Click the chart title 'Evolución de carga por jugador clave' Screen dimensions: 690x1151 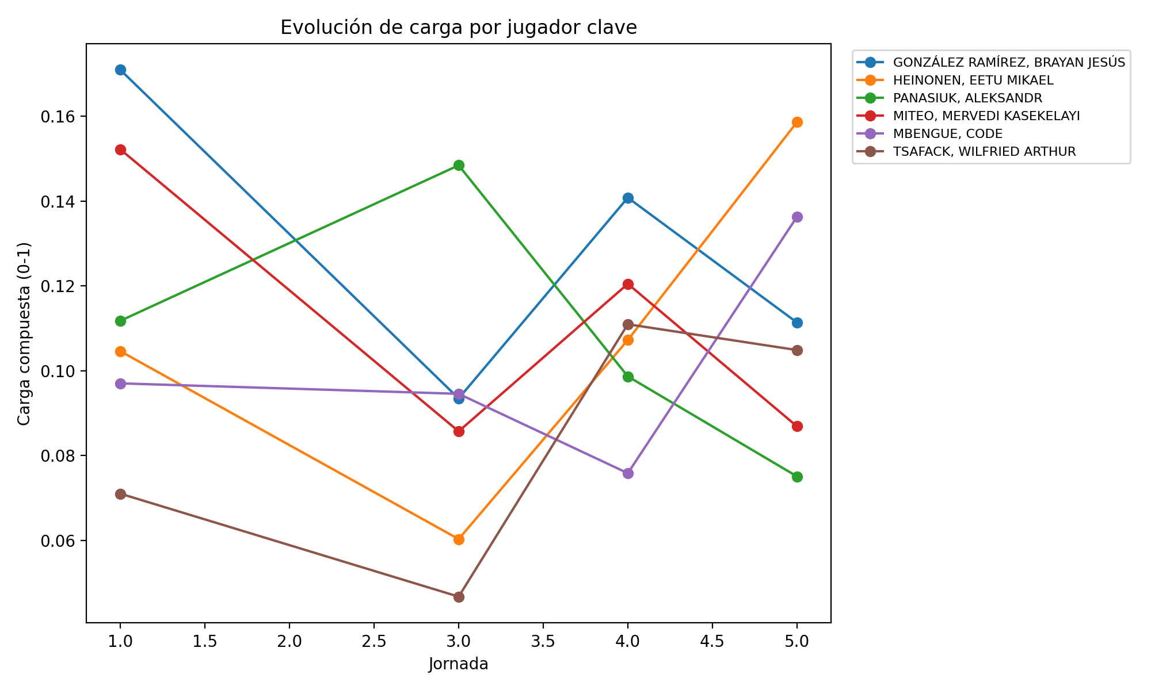pyautogui.click(x=458, y=28)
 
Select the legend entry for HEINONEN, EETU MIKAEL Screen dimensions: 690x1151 pyautogui.click(x=973, y=80)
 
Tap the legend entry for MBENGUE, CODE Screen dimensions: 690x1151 pyautogui.click(x=947, y=134)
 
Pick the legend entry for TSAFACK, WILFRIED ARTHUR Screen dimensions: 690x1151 pyautogui.click(x=984, y=152)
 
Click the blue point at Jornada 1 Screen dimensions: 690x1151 pyautogui.click(x=120, y=70)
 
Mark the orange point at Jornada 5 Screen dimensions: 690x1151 pyautogui.click(x=797, y=122)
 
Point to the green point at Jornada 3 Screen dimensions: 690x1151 pyautogui.click(x=459, y=166)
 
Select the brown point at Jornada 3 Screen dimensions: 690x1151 pyautogui.click(x=459, y=597)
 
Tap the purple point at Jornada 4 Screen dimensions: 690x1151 pyautogui.click(x=628, y=473)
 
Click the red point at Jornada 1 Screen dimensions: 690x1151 pyautogui.click(x=120, y=150)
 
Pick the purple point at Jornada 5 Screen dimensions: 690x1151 pyautogui.click(x=797, y=217)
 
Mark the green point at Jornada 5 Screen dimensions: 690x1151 pyautogui.click(x=797, y=477)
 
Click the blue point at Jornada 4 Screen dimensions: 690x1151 pyautogui.click(x=628, y=198)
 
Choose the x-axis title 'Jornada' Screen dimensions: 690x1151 pyautogui.click(x=458, y=665)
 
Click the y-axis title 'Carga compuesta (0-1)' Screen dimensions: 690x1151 pyautogui.click(x=24, y=333)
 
